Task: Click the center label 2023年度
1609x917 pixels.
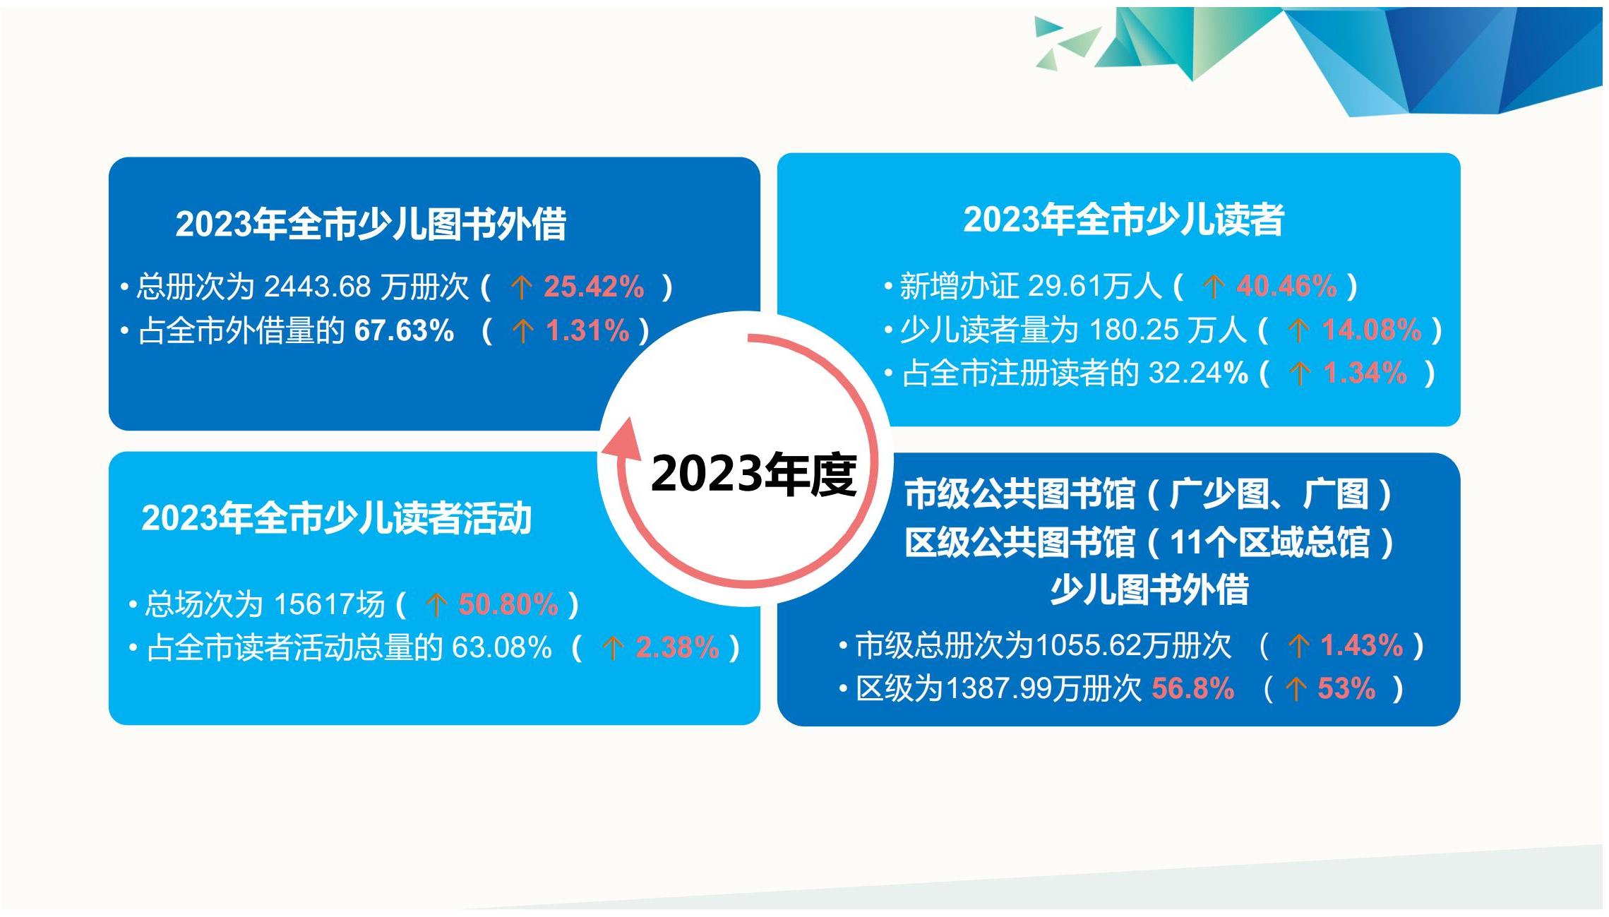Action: (753, 474)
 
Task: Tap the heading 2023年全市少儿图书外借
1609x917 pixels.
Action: (371, 224)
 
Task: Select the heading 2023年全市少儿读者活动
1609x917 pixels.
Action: (336, 518)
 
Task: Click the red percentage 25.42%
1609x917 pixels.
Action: (594, 287)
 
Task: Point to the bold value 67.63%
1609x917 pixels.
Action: (404, 330)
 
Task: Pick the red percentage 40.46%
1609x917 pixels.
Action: (1286, 287)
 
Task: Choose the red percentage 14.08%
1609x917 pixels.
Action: (1371, 330)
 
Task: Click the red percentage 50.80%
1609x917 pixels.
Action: (508, 605)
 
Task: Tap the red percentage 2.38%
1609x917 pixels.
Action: (677, 648)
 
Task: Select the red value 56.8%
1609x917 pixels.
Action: (1193, 689)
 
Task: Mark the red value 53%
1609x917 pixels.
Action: (1346, 689)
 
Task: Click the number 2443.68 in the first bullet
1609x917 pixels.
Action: (318, 287)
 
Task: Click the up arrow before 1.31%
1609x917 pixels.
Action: (522, 331)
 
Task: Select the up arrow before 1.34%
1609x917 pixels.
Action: (1300, 374)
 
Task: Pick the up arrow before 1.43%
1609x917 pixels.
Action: (1298, 647)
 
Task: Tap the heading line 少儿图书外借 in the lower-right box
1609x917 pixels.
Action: (1149, 590)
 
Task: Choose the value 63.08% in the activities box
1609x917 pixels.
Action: (501, 648)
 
